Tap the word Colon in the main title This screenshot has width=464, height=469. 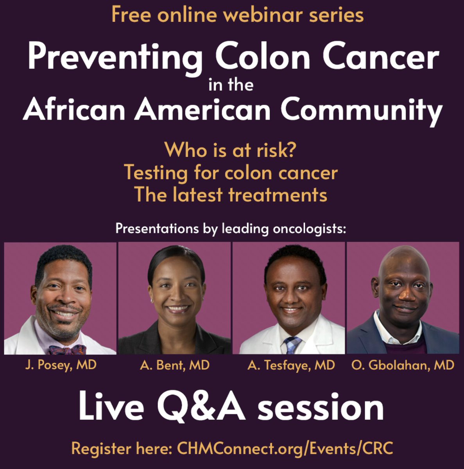[x=262, y=57]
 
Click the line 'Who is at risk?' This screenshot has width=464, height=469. [x=230, y=150]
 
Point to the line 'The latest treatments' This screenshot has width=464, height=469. [x=231, y=195]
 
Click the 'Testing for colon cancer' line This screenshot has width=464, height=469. [x=231, y=172]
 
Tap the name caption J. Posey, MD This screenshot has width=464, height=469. [x=61, y=365]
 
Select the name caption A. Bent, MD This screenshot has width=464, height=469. [x=175, y=365]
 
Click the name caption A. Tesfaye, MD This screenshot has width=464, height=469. [x=291, y=365]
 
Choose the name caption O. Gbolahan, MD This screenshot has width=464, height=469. [x=403, y=365]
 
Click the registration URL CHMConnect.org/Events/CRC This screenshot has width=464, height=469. [x=285, y=448]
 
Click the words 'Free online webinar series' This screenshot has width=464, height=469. [x=237, y=15]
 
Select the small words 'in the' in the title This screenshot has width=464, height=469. [x=231, y=84]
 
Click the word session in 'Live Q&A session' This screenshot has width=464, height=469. [x=321, y=407]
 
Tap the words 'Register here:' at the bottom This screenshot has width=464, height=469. [x=122, y=448]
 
